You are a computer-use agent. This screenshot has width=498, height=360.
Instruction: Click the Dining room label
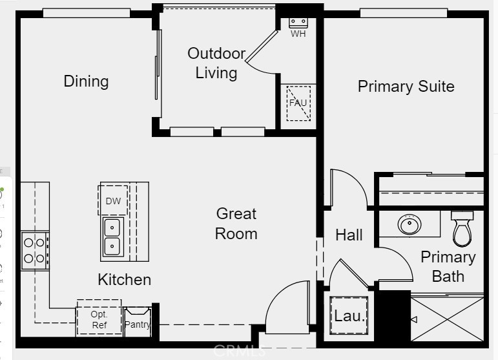click(86, 81)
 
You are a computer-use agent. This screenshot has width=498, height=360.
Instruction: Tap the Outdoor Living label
click(216, 63)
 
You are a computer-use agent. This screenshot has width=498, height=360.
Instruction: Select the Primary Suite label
click(406, 87)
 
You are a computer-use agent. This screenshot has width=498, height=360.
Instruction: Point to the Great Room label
click(236, 223)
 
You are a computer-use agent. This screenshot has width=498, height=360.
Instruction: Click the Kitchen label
click(124, 280)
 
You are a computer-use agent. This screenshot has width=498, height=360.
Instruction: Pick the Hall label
click(349, 235)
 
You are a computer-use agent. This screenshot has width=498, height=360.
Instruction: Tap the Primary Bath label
click(448, 266)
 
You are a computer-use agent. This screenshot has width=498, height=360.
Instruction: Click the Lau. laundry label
click(349, 317)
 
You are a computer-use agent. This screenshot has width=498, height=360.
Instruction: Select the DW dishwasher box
click(113, 201)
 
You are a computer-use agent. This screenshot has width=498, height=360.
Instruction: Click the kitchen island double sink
click(113, 237)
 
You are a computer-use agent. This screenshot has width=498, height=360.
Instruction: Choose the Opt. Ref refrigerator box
click(99, 319)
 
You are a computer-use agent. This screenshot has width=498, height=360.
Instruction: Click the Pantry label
click(137, 324)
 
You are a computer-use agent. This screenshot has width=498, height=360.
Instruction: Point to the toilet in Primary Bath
click(462, 229)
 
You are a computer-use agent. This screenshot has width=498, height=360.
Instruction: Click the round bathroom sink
click(409, 225)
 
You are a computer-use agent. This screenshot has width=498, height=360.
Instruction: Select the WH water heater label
click(298, 34)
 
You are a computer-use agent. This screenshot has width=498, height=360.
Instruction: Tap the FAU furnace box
click(298, 103)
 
